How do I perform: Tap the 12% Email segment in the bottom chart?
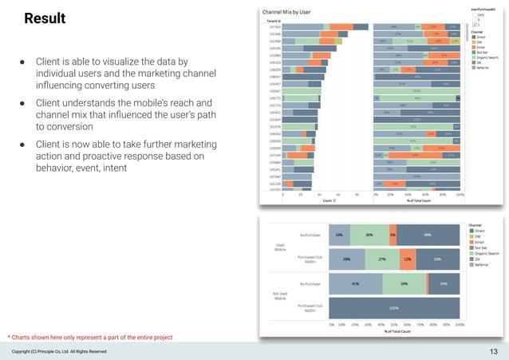click(x=407, y=259)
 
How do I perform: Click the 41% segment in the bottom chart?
click(x=355, y=283)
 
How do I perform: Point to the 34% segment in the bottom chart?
click(x=404, y=283)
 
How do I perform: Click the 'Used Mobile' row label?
click(x=281, y=248)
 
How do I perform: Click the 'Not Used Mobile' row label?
click(x=280, y=295)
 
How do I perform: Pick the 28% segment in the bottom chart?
click(x=348, y=259)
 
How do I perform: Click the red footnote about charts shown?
click(x=89, y=338)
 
